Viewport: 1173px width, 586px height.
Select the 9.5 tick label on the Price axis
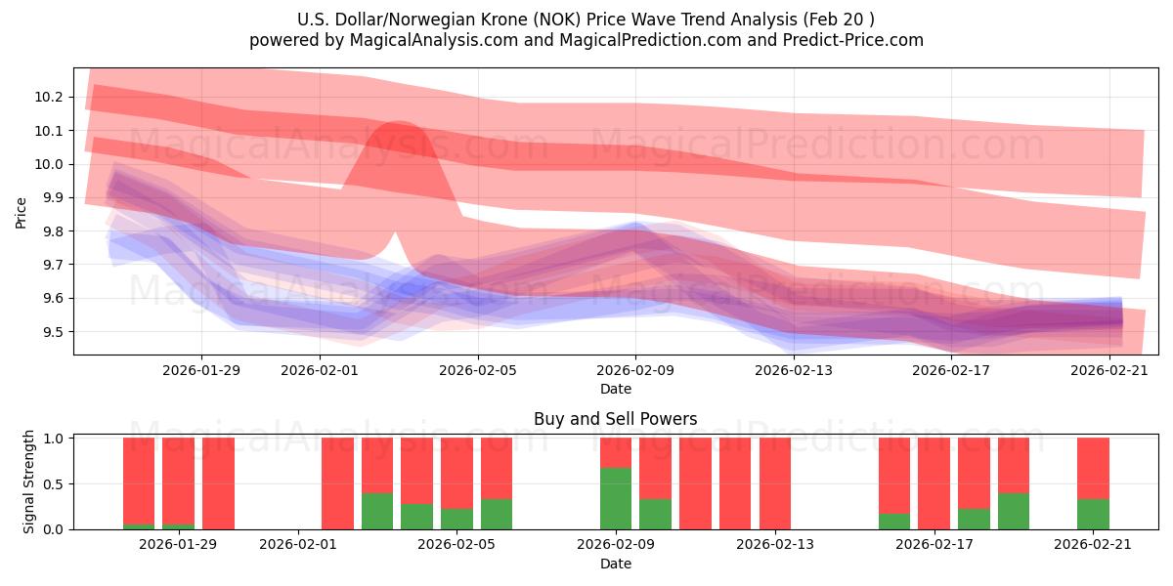tap(53, 332)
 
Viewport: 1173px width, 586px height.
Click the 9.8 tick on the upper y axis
tap(53, 231)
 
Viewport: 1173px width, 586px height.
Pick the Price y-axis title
tap(21, 212)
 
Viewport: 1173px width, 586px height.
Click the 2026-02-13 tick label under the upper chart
tap(794, 370)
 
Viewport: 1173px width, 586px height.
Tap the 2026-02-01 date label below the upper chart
tap(320, 370)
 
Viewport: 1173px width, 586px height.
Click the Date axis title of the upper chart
tap(615, 389)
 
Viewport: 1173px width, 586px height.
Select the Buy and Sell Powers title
tap(615, 419)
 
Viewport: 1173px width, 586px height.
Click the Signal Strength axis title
tap(29, 481)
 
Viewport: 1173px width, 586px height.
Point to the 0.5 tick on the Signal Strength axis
tap(55, 483)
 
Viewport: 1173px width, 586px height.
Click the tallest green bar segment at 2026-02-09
tap(615, 498)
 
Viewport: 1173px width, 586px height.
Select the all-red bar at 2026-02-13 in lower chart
tap(775, 483)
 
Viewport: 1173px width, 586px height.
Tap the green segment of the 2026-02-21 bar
tap(1093, 514)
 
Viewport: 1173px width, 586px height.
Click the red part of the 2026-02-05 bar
tap(456, 473)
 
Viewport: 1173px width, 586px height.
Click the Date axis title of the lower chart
tap(615, 564)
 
